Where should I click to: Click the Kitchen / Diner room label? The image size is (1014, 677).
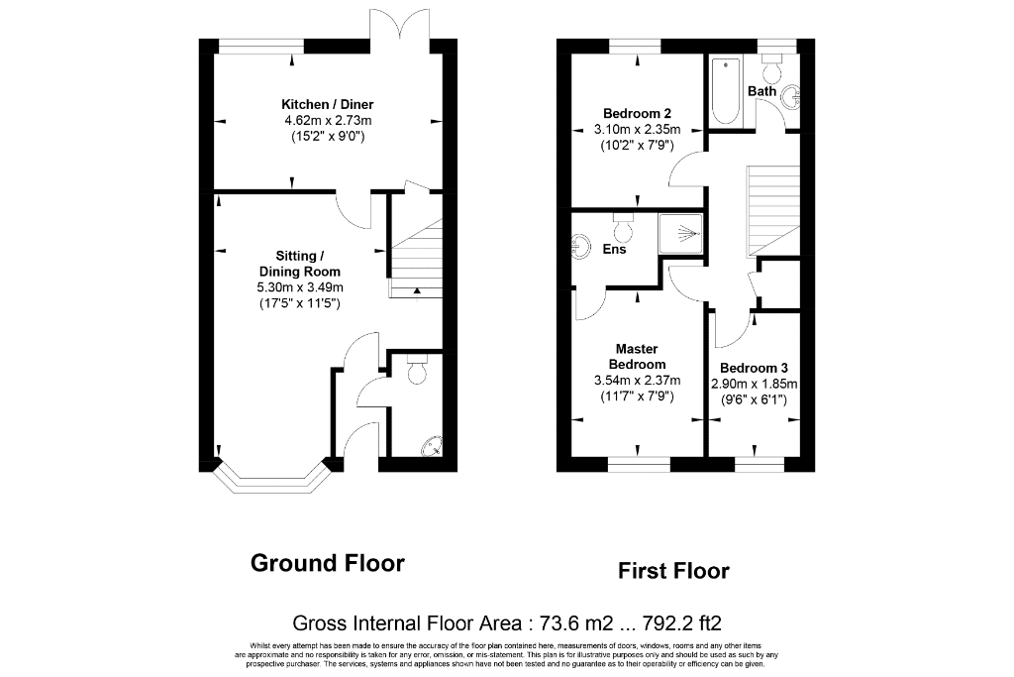pos(327,104)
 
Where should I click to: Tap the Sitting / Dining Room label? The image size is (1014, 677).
pos(299,264)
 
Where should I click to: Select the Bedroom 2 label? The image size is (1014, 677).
pos(637,113)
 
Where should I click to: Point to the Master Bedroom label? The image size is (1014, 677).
pos(637,357)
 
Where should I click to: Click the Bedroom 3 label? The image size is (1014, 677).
pos(754,369)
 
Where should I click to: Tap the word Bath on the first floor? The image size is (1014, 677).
pos(761,91)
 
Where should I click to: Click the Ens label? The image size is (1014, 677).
pos(614,249)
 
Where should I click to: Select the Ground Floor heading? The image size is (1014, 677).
pos(327,563)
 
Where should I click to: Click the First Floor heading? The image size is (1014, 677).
pos(673,571)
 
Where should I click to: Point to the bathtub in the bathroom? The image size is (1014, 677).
pos(726,91)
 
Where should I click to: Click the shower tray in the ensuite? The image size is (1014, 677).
pos(679,233)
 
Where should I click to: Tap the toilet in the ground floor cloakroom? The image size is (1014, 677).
pos(417,369)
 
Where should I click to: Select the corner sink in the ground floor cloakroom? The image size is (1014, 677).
pos(432,447)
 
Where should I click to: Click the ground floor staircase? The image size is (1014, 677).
pos(415,259)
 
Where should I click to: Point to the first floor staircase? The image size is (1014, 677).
pos(773,211)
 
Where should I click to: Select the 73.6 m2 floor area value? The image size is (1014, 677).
pos(574,623)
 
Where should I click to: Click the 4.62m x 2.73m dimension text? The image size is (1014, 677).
pos(328,120)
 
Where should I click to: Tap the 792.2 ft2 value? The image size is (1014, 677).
pos(681,623)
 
